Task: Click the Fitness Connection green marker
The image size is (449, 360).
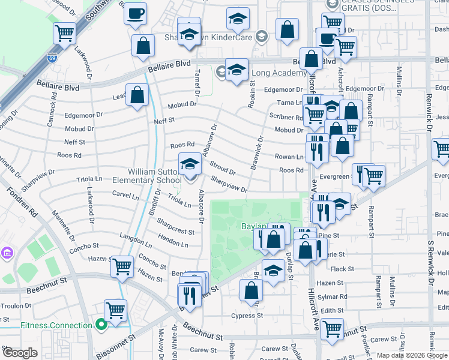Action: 101,326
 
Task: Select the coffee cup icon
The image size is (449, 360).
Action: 136,13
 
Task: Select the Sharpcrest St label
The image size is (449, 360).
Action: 175,227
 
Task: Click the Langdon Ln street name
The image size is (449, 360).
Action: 136,239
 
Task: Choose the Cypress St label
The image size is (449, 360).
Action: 247,316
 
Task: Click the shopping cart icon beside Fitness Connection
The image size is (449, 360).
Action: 115,310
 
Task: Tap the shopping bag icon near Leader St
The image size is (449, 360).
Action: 137,95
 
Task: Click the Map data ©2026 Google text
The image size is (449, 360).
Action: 411,355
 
